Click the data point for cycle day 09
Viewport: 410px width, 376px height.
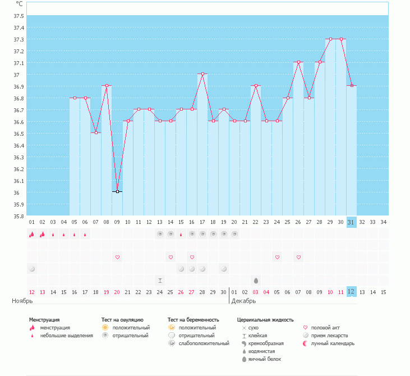pyautogui.click(x=117, y=192)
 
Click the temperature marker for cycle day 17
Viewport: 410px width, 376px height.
pyautogui.click(x=202, y=74)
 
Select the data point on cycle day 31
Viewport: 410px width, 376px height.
pyautogui.click(x=352, y=85)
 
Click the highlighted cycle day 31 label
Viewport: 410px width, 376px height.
pyautogui.click(x=352, y=222)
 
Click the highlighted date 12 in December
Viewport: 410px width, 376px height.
pyautogui.click(x=352, y=292)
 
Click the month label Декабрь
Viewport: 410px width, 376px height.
pyautogui.click(x=245, y=301)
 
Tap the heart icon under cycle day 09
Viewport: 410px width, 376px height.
pyautogui.click(x=117, y=257)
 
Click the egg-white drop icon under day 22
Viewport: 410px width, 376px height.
pyautogui.click(x=256, y=280)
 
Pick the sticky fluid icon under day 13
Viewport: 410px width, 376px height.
pyautogui.click(x=160, y=280)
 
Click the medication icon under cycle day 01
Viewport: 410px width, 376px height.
pyautogui.click(x=32, y=269)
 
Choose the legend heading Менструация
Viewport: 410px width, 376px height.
pyautogui.click(x=44, y=319)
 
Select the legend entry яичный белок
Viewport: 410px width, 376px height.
pyautogui.click(x=265, y=359)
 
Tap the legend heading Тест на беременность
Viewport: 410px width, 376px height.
pyautogui.click(x=194, y=319)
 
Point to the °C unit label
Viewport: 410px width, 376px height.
pyautogui.click(x=19, y=3)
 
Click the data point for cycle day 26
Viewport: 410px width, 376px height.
pyautogui.click(x=298, y=62)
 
